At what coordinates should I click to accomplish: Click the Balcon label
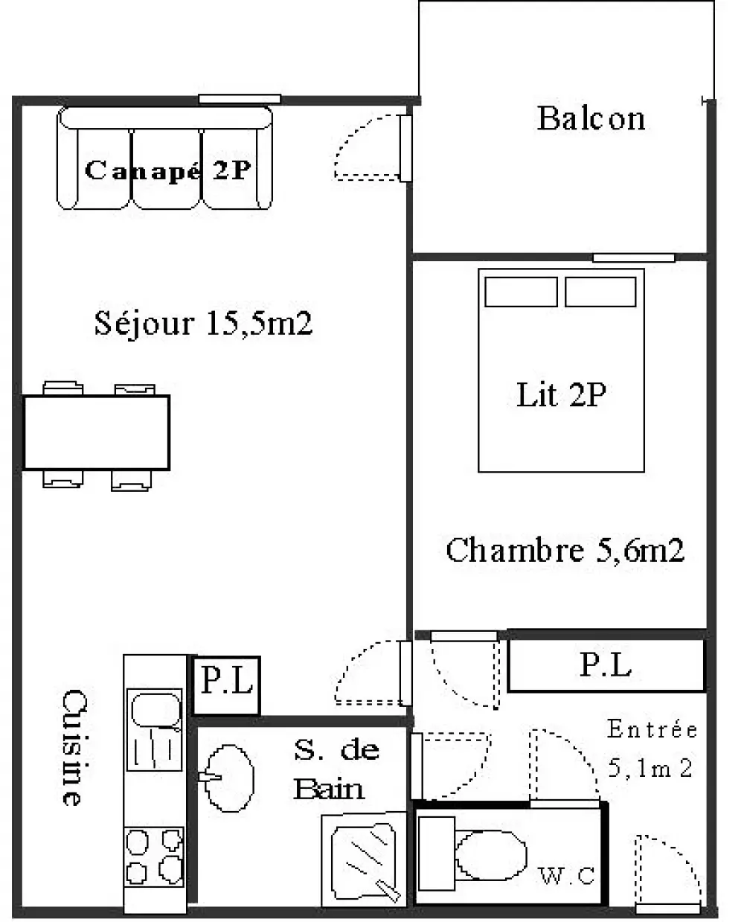click(591, 118)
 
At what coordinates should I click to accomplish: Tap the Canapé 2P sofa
click(164, 158)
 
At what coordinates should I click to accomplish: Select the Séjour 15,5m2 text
click(203, 323)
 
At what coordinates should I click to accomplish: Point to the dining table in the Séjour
click(97, 432)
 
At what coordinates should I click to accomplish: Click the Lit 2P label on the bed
click(561, 394)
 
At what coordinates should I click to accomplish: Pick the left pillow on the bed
click(521, 292)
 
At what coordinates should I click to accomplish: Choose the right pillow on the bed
click(600, 292)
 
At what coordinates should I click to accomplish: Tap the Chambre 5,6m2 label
click(565, 550)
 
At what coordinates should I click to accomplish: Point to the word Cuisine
click(74, 748)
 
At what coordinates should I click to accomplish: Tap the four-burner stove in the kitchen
click(154, 857)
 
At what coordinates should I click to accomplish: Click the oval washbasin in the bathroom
click(228, 778)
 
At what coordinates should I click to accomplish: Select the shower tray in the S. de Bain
click(364, 860)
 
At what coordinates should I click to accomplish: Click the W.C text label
click(566, 876)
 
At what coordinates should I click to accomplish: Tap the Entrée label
click(652, 729)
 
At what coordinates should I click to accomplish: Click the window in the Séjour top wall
click(240, 99)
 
